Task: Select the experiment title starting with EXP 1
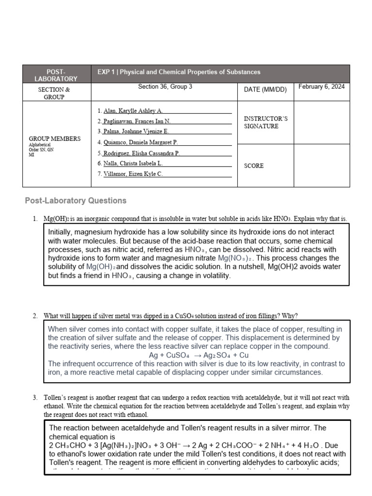pyautogui.click(x=179, y=72)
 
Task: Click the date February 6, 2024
pyautogui.click(x=321, y=87)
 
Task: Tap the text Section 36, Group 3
pyautogui.click(x=165, y=87)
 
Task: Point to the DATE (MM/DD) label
pyautogui.click(x=265, y=90)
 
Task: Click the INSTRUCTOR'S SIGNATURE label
pyautogui.click(x=265, y=122)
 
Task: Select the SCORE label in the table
pyautogui.click(x=254, y=166)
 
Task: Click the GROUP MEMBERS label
pyautogui.click(x=55, y=139)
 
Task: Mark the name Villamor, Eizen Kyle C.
pyautogui.click(x=133, y=174)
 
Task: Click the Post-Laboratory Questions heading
pyautogui.click(x=75, y=201)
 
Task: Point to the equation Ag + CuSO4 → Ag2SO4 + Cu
pyautogui.click(x=199, y=355)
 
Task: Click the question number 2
pyautogui.click(x=35, y=316)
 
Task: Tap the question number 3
pyautogui.click(x=35, y=398)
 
